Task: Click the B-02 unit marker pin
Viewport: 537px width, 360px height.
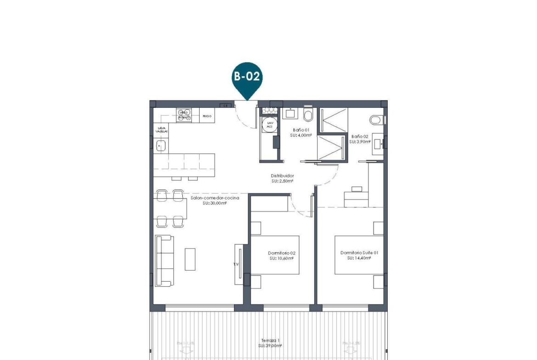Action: tap(247, 77)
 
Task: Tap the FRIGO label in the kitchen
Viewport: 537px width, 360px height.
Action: tap(207, 116)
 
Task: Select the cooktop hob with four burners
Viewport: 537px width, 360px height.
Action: tap(184, 115)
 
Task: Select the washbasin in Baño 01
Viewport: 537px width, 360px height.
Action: tap(291, 113)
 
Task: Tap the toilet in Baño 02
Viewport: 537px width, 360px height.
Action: tap(376, 120)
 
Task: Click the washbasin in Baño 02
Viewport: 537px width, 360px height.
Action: tap(378, 143)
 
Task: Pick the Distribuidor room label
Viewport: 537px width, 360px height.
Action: tap(282, 176)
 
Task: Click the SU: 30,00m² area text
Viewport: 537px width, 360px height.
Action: tap(214, 203)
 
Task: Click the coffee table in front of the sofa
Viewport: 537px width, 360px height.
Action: tap(190, 259)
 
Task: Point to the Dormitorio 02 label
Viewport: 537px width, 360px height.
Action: tap(281, 253)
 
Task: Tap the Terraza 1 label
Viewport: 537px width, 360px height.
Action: tap(269, 340)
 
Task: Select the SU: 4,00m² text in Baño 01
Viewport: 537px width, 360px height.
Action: tap(301, 136)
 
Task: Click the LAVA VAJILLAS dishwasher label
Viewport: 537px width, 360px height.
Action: tap(161, 130)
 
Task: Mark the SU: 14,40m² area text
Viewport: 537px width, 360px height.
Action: tap(359, 258)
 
